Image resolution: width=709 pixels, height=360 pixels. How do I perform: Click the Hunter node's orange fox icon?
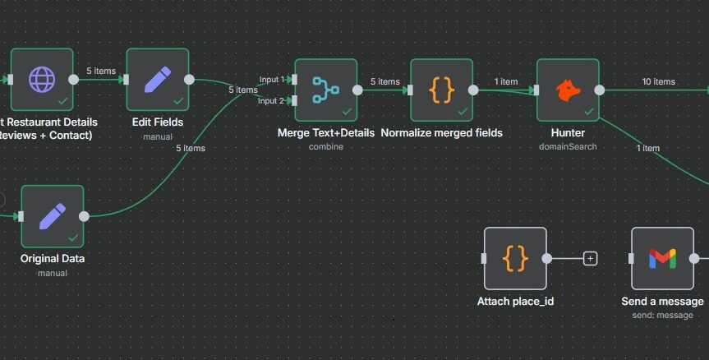568,90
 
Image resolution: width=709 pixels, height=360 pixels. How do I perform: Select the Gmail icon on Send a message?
662,258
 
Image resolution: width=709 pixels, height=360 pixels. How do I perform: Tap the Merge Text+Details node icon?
325,90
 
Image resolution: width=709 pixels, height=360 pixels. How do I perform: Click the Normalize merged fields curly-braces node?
441,90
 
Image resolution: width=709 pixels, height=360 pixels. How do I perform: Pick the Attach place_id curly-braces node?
515,258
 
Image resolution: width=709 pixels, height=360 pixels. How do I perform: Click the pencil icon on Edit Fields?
157,79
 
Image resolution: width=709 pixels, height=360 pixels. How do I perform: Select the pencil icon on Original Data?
52,216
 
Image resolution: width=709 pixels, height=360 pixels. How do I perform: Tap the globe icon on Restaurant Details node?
41,79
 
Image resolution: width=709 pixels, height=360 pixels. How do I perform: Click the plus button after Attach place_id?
590,258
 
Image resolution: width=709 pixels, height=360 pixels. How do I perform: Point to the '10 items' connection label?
658,81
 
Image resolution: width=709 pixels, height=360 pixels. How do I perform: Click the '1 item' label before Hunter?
506,81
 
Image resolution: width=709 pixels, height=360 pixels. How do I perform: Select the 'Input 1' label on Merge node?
271,80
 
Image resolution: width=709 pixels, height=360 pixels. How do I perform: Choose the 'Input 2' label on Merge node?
271,100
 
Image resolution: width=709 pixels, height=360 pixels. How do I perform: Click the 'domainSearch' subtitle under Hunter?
568,146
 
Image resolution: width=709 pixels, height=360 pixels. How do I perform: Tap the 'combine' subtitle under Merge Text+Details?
326,146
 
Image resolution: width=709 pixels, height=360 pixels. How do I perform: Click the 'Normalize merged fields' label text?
441,132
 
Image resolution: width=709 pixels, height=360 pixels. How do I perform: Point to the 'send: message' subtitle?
663,315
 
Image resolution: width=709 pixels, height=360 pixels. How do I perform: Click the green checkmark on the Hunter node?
588,111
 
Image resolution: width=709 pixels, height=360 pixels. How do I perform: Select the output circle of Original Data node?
84,216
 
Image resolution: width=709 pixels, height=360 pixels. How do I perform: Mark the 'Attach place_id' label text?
515,302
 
